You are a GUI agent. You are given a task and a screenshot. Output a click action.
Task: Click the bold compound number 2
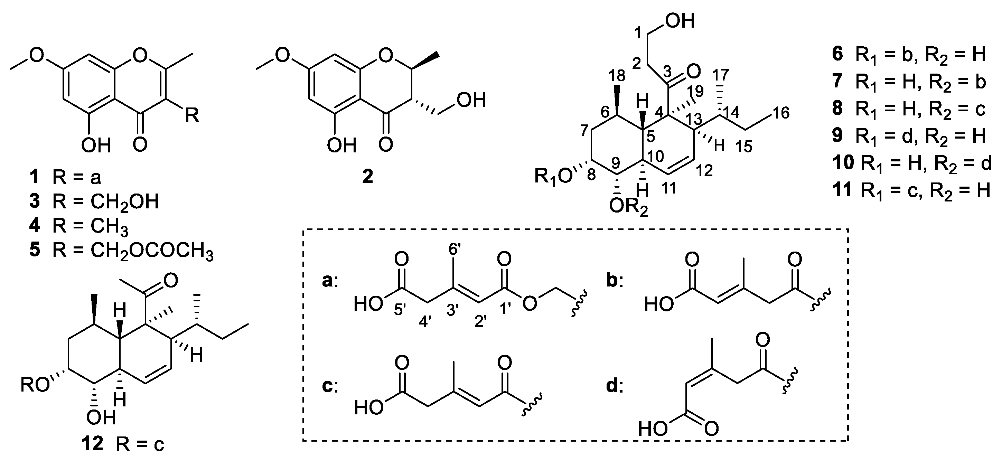tap(367, 177)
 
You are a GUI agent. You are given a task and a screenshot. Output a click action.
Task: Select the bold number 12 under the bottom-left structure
tap(93, 443)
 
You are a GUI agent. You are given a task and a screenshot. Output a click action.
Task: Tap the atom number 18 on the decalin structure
tap(615, 76)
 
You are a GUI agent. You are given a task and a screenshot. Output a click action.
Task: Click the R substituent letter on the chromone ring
tap(191, 115)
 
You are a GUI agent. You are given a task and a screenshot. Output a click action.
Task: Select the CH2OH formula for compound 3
tap(124, 202)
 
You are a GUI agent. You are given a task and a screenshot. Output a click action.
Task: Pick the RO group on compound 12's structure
tap(36, 385)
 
